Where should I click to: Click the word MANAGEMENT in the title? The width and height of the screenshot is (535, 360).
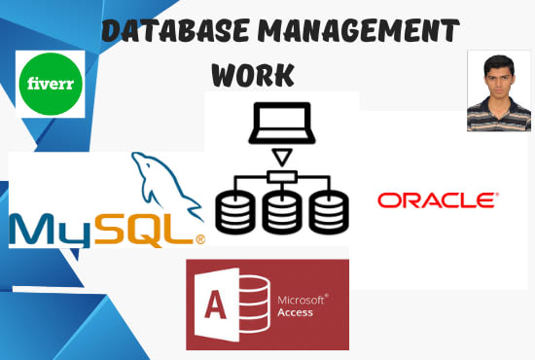coord(349,31)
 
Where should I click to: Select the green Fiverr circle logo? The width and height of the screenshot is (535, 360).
coord(51,85)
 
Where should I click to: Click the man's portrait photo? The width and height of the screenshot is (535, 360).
coord(499,90)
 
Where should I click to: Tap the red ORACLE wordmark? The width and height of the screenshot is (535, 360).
coord(437,200)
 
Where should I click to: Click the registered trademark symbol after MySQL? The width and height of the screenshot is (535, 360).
coord(199,238)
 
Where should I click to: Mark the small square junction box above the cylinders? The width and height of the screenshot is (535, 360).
coord(280,176)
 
